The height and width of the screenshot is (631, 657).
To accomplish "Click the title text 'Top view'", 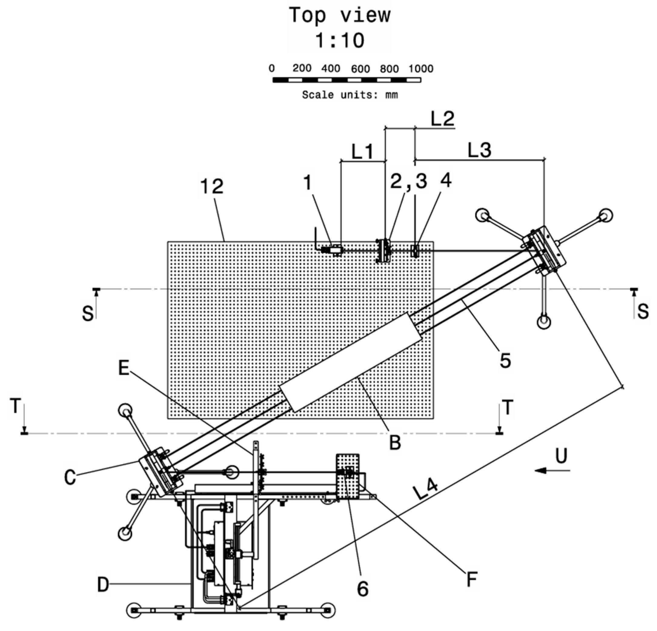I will (x=340, y=16).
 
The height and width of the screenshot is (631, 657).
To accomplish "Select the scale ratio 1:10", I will (x=340, y=41).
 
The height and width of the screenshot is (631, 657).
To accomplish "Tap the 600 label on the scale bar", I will (x=360, y=69).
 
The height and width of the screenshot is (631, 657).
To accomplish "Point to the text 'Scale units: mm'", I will (x=350, y=95).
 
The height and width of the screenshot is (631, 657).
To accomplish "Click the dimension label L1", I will (x=362, y=152).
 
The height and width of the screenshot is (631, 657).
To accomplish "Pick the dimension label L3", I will (x=479, y=150).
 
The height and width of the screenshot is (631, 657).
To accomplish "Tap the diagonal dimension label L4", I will (x=425, y=491).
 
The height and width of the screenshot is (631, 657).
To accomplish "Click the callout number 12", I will (x=212, y=187).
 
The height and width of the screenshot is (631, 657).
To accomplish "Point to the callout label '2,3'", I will (x=409, y=182).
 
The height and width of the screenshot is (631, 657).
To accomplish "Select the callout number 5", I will (x=505, y=361).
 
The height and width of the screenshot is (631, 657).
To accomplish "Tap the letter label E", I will (x=124, y=369).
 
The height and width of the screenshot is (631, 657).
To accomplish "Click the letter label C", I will (x=70, y=477).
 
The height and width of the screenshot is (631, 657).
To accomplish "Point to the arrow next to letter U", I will (x=552, y=471).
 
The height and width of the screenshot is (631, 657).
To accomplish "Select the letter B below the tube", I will (x=395, y=443).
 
